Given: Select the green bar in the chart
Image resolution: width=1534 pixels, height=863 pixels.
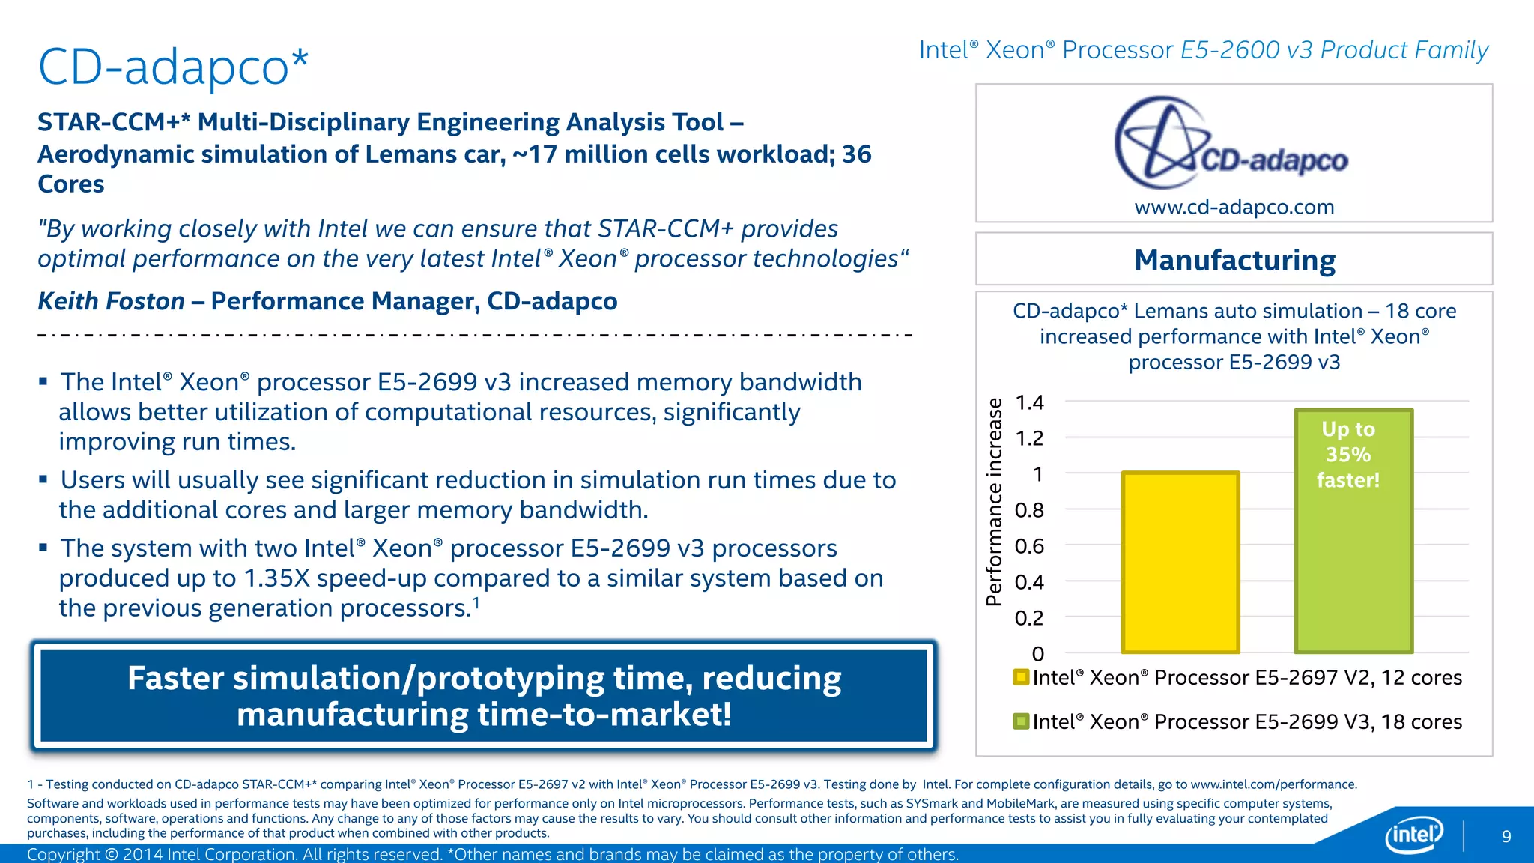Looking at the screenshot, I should coord(1353,569).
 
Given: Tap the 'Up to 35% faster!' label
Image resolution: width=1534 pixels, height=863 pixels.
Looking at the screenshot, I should coord(1348,455).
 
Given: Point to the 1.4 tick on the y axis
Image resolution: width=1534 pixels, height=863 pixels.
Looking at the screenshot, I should coord(1029,402).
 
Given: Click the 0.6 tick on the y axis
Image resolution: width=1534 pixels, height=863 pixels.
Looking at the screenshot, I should coord(1029,546).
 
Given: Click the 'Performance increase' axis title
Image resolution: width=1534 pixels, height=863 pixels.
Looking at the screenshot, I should coord(994,502).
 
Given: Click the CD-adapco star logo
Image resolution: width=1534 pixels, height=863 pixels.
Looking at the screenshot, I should coord(1161,142).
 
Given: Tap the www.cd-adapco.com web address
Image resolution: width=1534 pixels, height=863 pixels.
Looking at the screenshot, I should coord(1234,207).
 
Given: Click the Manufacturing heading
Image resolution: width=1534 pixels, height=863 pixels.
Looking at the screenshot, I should coord(1234,261).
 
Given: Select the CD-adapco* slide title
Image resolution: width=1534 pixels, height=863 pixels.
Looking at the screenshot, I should coord(173,67).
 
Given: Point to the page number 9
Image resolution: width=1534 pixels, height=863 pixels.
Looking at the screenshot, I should coord(1506,837).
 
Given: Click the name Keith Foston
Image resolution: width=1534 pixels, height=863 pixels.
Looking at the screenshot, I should coord(111,301).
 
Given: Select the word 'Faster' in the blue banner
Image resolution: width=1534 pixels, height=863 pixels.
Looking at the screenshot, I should coord(175,679).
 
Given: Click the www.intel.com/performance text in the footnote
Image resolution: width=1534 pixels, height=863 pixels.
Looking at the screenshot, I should coord(1273,784).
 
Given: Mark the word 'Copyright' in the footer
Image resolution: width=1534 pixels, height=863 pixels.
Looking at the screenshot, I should coord(63,854).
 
